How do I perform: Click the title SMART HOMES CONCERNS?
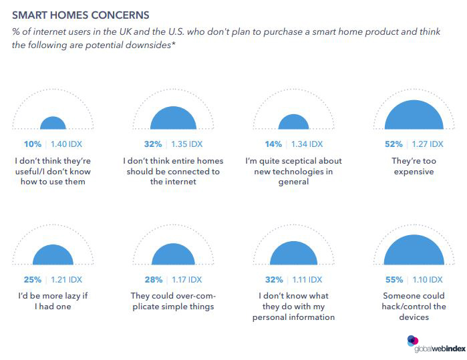(x=80, y=14)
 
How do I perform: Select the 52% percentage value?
(x=394, y=144)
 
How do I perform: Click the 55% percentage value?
(x=394, y=279)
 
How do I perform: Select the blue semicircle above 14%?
(x=293, y=122)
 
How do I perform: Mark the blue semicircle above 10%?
(x=53, y=123)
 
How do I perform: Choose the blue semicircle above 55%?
(x=414, y=251)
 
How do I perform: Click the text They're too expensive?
(x=414, y=166)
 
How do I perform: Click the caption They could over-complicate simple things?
(x=173, y=301)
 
